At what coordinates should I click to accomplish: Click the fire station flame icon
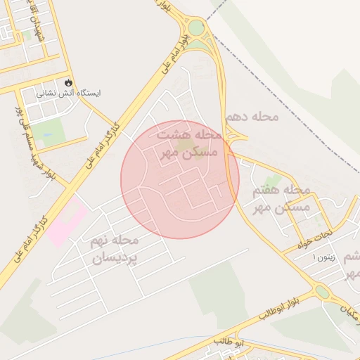coord(68,82)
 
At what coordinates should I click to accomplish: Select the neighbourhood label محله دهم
coord(253,115)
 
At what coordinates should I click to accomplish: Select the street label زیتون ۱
coord(325,258)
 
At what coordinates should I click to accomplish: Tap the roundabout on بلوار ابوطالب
coord(322,291)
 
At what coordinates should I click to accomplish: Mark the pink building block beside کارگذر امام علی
coord(67,219)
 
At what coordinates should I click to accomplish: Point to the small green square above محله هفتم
coord(273,165)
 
